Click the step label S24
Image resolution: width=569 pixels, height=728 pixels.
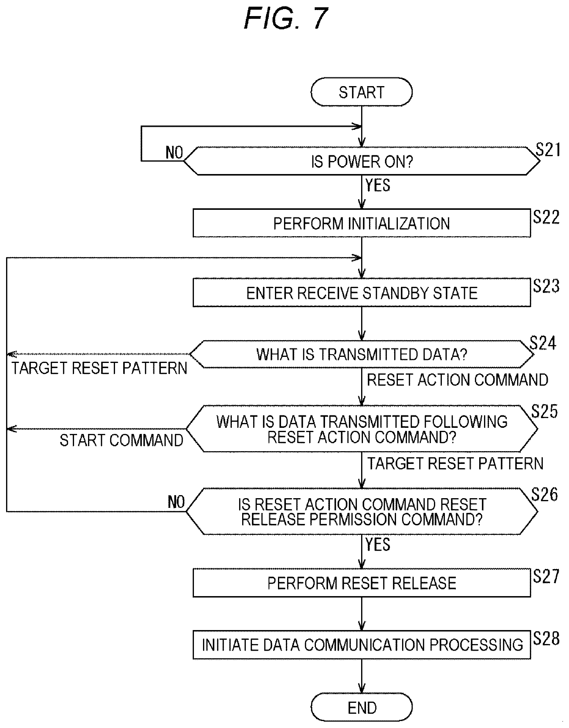click(543, 343)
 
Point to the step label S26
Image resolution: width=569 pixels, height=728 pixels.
click(545, 494)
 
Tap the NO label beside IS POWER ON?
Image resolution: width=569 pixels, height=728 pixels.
click(174, 153)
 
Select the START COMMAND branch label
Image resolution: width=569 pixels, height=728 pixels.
click(121, 440)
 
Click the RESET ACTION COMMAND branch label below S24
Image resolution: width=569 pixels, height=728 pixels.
click(458, 380)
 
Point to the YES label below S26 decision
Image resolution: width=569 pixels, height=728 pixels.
click(378, 545)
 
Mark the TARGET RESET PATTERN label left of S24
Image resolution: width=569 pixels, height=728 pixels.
click(100, 368)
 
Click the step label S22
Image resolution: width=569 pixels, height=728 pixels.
click(546, 217)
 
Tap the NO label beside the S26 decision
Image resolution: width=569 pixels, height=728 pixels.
click(176, 502)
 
